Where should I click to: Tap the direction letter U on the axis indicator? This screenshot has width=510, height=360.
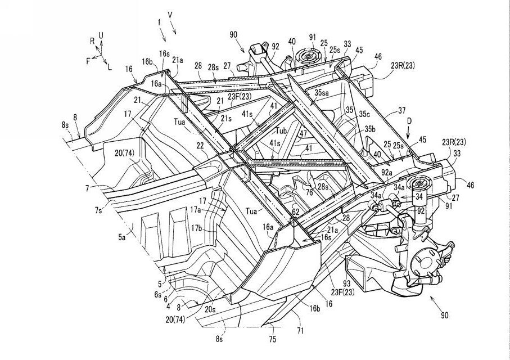tap(101, 35)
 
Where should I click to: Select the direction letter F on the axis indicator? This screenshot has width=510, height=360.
tap(88, 61)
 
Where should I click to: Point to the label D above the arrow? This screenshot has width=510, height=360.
tap(409, 121)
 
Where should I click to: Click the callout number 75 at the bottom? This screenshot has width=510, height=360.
tap(273, 340)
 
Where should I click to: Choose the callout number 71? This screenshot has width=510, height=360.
tap(300, 331)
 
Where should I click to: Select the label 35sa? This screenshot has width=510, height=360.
tap(322, 92)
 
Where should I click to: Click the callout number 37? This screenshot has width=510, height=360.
tap(401, 111)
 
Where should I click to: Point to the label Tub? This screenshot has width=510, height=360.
tap(282, 131)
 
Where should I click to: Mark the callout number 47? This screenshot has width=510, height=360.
tap(303, 134)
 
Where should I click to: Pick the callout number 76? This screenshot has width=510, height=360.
tap(309, 193)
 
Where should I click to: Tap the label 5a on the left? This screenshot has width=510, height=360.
tap(121, 237)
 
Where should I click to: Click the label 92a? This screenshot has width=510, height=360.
tap(387, 173)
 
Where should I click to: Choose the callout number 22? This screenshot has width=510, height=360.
tap(199, 147)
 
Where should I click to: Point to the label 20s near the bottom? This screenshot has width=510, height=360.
tap(210, 309)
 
